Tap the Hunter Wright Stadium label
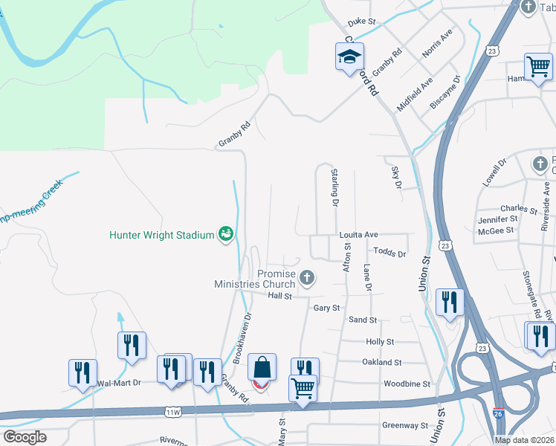coord(161,235)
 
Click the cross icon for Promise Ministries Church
coord(306,279)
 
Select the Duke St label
coord(363,23)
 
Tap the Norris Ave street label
coord(436,46)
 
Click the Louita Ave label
coord(359,235)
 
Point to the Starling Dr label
coord(334,187)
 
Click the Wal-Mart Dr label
coord(119,384)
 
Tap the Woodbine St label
coord(407,384)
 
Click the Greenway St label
coord(405,426)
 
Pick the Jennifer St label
coord(498,219)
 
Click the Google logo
coord(25,437)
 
